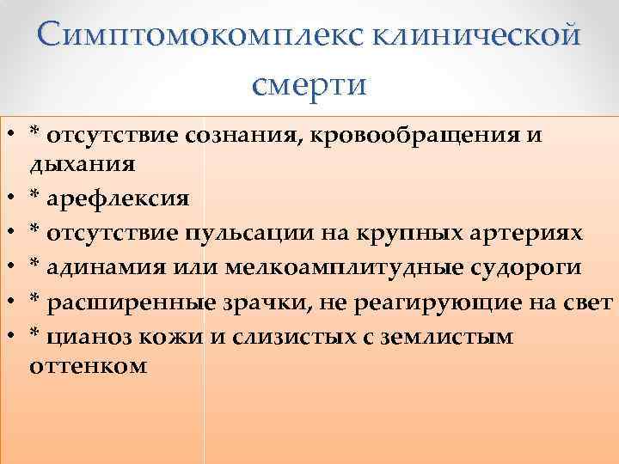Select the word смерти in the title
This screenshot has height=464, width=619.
pyautogui.click(x=309, y=84)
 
